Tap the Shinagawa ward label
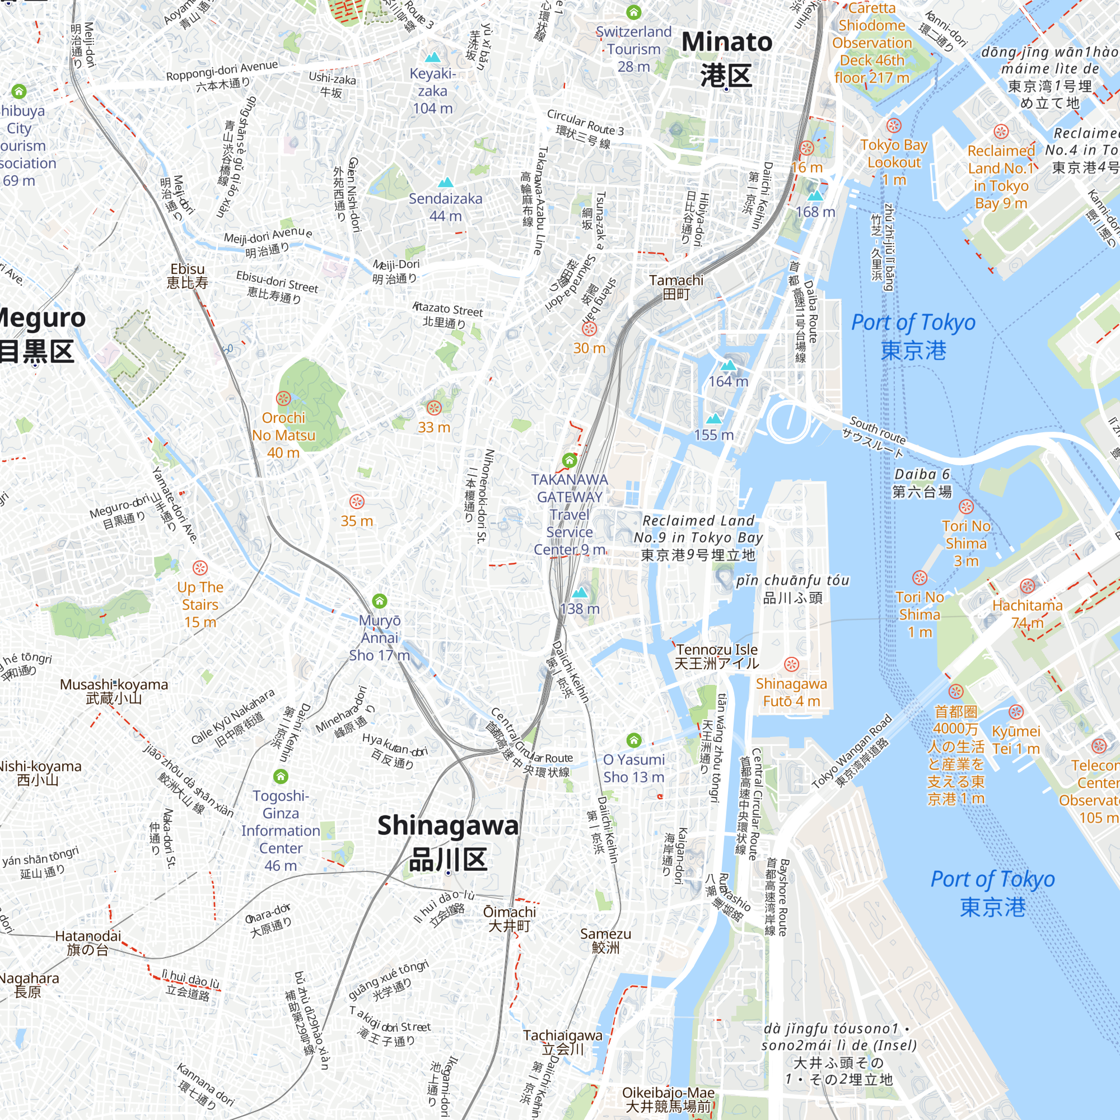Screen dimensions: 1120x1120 [447, 842]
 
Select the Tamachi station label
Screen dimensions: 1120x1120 [676, 287]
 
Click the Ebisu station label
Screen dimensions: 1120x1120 [187, 276]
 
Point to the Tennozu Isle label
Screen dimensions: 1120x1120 [717, 656]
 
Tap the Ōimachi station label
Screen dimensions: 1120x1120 [510, 919]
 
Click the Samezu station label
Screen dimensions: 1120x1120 [605, 940]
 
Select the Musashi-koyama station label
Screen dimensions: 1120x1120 [114, 691]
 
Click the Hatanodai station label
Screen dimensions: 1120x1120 [88, 942]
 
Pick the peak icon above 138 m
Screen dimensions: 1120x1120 [580, 593]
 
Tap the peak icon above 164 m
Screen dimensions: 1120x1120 [728, 365]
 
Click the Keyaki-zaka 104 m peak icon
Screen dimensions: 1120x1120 [432, 57]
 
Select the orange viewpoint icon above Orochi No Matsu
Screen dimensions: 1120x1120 [283, 398]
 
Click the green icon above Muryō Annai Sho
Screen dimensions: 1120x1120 [380, 600]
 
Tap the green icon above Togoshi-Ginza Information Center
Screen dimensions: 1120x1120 [281, 776]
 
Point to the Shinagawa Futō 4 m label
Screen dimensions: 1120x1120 [791, 692]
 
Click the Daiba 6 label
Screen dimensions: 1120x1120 [922, 483]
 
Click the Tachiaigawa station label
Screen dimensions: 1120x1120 [562, 1042]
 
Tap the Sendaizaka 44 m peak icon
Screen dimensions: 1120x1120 [445, 183]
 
